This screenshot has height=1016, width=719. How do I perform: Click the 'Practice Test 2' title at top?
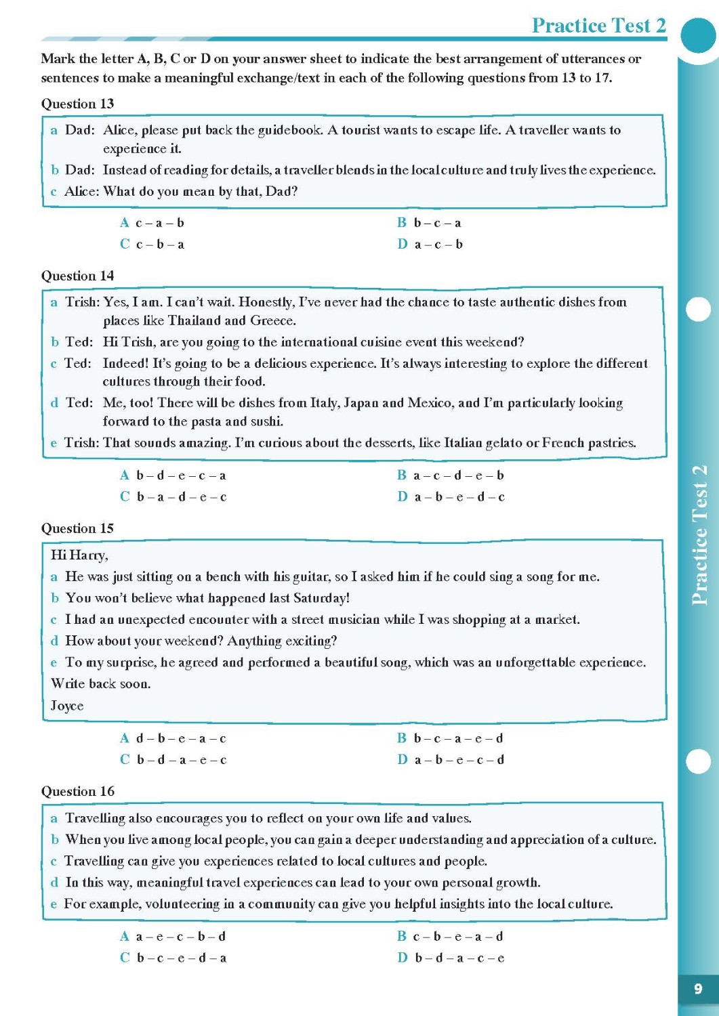[598, 26]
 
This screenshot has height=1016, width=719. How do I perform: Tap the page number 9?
[697, 989]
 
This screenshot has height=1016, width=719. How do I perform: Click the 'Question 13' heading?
[77, 104]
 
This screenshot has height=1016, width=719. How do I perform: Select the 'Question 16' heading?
[77, 791]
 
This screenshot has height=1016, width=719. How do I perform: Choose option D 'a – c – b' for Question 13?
[430, 245]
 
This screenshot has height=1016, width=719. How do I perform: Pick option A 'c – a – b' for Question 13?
[152, 223]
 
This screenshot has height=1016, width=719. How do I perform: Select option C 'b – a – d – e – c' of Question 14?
[173, 496]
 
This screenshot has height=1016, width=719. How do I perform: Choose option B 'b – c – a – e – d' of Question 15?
[451, 738]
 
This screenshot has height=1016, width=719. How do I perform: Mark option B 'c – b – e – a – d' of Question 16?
[451, 937]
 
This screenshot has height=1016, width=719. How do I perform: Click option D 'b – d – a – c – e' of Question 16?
[452, 958]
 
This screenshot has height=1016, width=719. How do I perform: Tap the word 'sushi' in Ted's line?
[266, 421]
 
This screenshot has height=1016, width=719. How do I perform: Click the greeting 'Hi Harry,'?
[79, 555]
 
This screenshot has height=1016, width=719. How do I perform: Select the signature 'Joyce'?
[67, 706]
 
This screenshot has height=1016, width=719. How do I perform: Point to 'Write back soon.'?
[100, 684]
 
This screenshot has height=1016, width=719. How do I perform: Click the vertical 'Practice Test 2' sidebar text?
[699, 535]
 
